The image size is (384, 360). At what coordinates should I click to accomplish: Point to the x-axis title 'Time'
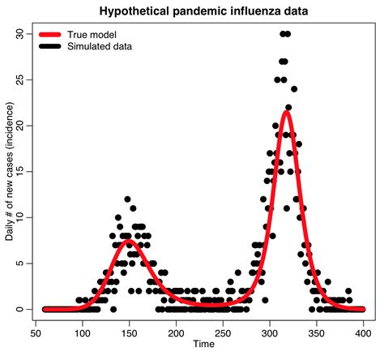[204, 345]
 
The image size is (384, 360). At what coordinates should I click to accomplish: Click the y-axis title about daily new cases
[11, 171]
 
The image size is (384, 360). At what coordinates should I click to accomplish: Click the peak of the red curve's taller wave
[286, 111]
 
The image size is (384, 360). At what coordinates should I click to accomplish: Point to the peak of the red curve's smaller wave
[128, 242]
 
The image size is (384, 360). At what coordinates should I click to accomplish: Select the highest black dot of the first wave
[127, 199]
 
